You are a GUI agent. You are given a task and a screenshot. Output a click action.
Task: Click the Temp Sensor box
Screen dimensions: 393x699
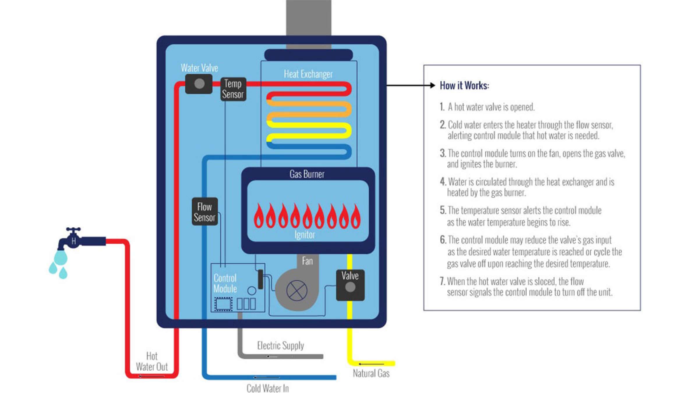click(233, 89)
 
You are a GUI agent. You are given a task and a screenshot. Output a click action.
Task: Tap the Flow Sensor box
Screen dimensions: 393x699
click(204, 212)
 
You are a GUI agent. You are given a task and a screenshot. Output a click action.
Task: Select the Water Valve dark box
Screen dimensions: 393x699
click(199, 84)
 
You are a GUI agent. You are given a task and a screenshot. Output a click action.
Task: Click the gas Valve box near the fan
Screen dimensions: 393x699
click(350, 285)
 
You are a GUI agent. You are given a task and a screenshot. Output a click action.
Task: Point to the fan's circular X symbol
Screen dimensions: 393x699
click(297, 291)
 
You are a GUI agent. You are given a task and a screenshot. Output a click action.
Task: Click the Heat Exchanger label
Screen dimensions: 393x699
click(308, 74)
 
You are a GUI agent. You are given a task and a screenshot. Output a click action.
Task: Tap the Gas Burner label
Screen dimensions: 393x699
click(307, 174)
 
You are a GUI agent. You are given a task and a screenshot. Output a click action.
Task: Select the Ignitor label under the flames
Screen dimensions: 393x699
click(305, 235)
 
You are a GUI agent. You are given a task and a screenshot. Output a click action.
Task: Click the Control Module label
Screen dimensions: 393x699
click(225, 283)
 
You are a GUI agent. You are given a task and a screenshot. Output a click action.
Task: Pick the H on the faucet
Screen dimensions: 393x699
click(74, 241)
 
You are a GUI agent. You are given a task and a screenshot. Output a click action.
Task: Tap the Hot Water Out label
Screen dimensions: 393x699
click(152, 361)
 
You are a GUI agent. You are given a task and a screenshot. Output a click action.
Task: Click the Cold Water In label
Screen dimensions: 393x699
click(268, 388)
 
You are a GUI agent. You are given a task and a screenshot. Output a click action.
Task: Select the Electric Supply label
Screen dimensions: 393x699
click(280, 346)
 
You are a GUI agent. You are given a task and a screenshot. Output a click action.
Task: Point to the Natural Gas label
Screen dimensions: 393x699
click(371, 373)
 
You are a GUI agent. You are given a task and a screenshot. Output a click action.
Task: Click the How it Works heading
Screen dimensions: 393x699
click(464, 86)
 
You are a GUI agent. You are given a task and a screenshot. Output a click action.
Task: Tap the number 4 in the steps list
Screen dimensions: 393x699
click(443, 182)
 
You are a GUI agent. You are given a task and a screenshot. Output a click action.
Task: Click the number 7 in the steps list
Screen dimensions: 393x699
click(442, 281)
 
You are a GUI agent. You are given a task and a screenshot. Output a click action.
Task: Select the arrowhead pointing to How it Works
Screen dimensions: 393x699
click(433, 85)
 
